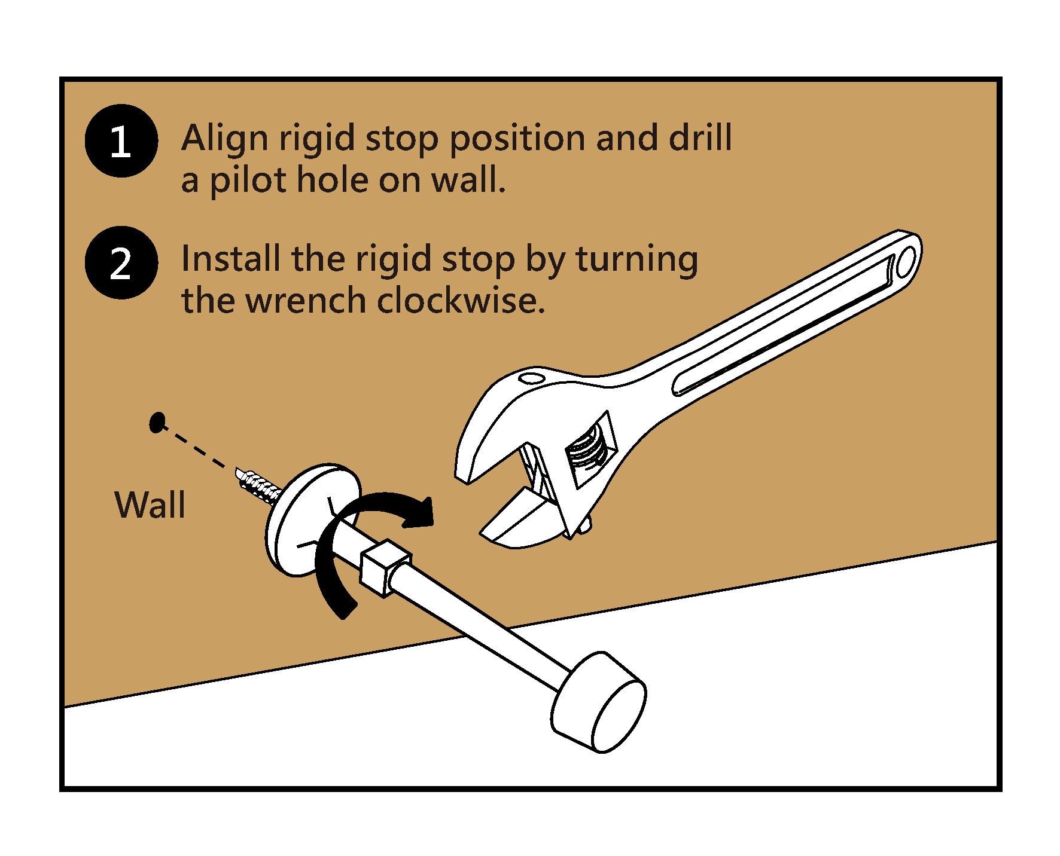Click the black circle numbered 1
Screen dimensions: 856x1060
tap(121, 141)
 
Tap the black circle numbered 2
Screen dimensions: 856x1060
tap(121, 263)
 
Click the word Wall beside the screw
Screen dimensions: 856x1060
tap(150, 505)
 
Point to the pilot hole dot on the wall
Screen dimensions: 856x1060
tap(157, 422)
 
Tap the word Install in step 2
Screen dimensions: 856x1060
tap(230, 259)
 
